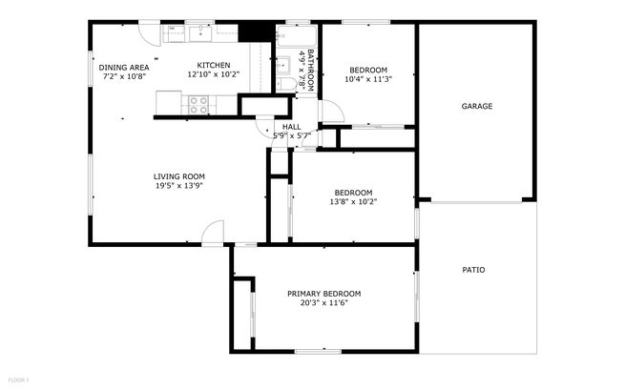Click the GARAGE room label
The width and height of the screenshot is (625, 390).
[477, 106]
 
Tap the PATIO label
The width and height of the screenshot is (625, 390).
[473, 270]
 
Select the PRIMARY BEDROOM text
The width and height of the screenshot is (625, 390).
[324, 293]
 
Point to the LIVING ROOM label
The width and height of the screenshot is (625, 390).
[179, 175]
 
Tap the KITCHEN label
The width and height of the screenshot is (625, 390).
[213, 65]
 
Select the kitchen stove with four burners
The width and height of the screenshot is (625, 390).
[198, 104]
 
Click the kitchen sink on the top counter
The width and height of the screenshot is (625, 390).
[201, 34]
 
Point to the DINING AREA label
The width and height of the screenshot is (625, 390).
[124, 67]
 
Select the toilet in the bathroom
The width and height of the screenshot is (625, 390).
[284, 84]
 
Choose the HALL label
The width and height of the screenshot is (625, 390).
[291, 126]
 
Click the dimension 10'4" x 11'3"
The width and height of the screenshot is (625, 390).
[368, 80]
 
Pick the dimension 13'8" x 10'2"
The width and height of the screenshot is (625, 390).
[353, 201]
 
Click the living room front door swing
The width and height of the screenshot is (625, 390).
[212, 234]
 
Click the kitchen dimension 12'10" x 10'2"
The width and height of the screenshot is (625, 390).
[213, 74]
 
